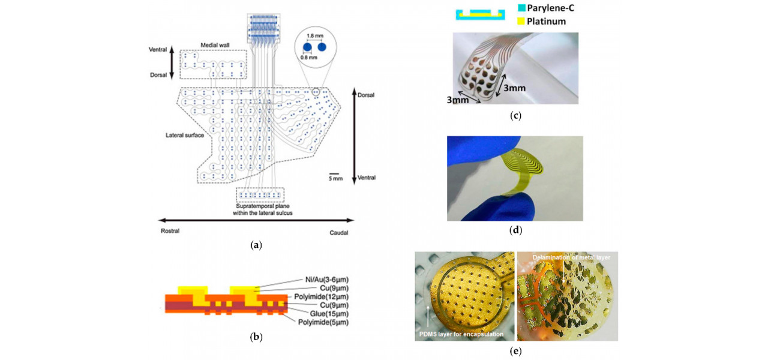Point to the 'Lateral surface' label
[x=182, y=134]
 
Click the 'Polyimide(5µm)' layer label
[x=323, y=322]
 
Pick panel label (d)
[x=515, y=229]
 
